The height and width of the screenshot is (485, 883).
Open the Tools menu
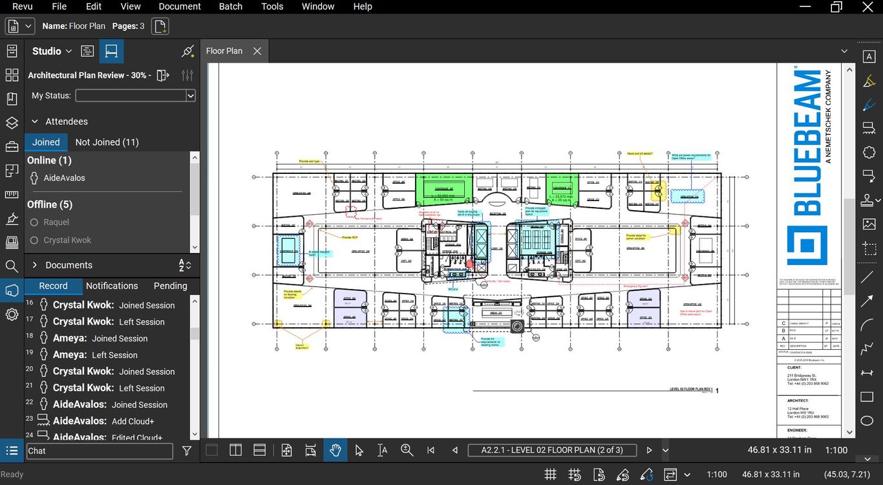coord(272,6)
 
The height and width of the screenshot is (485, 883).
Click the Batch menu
coord(231,6)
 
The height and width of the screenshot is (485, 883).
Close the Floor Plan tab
coord(257,51)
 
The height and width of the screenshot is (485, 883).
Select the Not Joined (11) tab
coord(107,142)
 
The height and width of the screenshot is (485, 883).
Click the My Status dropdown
coord(135,96)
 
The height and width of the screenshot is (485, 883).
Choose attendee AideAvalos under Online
coord(64,178)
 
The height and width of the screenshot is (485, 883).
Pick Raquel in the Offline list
coord(56,222)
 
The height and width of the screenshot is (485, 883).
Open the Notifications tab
coord(112,286)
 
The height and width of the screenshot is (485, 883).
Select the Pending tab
coord(170,286)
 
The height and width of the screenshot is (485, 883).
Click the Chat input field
coord(100,451)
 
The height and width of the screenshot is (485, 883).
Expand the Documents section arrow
coord(34,265)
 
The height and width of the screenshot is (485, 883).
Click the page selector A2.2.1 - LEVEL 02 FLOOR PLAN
coord(552,450)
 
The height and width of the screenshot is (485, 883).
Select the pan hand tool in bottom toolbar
coord(335,450)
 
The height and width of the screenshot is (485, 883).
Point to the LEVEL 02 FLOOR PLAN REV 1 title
coord(691,389)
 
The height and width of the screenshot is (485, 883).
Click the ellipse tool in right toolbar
coord(867,421)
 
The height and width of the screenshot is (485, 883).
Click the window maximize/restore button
coord(836,6)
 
